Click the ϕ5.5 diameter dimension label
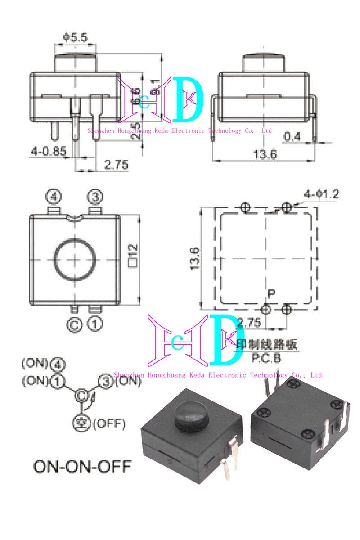click(x=75, y=38)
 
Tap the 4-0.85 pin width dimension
click(x=49, y=152)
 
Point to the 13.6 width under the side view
click(x=265, y=155)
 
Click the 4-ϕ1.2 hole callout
click(x=321, y=195)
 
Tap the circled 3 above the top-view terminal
click(x=95, y=197)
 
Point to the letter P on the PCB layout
click(x=271, y=294)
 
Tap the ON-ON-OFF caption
click(x=83, y=466)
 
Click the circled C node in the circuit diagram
click(x=81, y=395)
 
